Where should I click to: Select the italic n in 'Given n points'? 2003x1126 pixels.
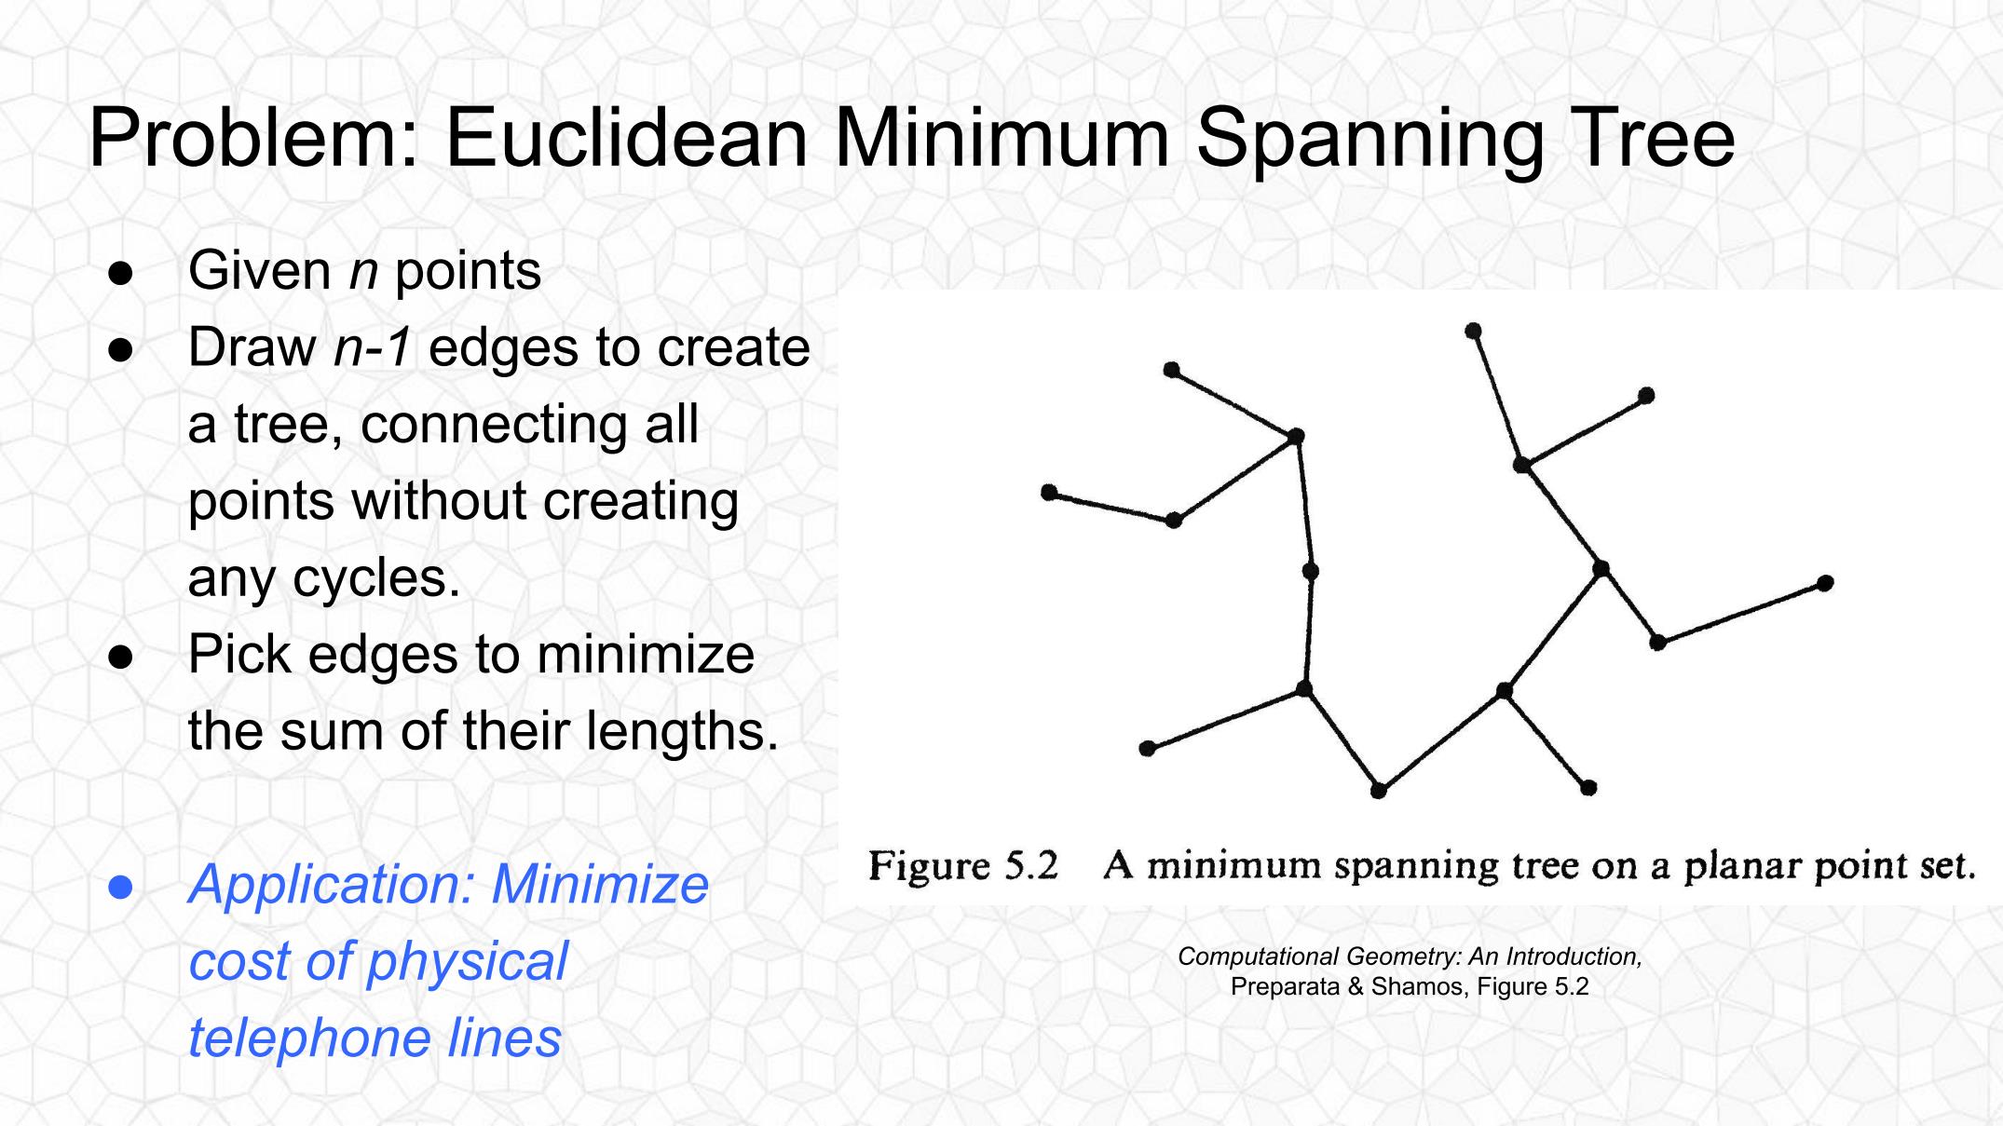click(363, 272)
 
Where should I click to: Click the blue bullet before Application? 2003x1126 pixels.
click(121, 887)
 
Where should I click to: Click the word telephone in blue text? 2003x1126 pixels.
click(308, 1038)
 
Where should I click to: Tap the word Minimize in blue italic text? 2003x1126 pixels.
click(600, 884)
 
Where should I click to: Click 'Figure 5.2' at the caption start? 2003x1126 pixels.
click(963, 866)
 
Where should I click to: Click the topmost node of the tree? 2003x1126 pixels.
click(1473, 331)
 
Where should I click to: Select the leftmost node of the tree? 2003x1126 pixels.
click(1049, 492)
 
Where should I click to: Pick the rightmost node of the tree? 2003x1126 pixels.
click(1825, 583)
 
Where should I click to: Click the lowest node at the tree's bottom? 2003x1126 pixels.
click(1379, 791)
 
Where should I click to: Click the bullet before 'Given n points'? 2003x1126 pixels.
click(121, 274)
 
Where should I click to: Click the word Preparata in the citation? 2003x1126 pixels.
click(1285, 987)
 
